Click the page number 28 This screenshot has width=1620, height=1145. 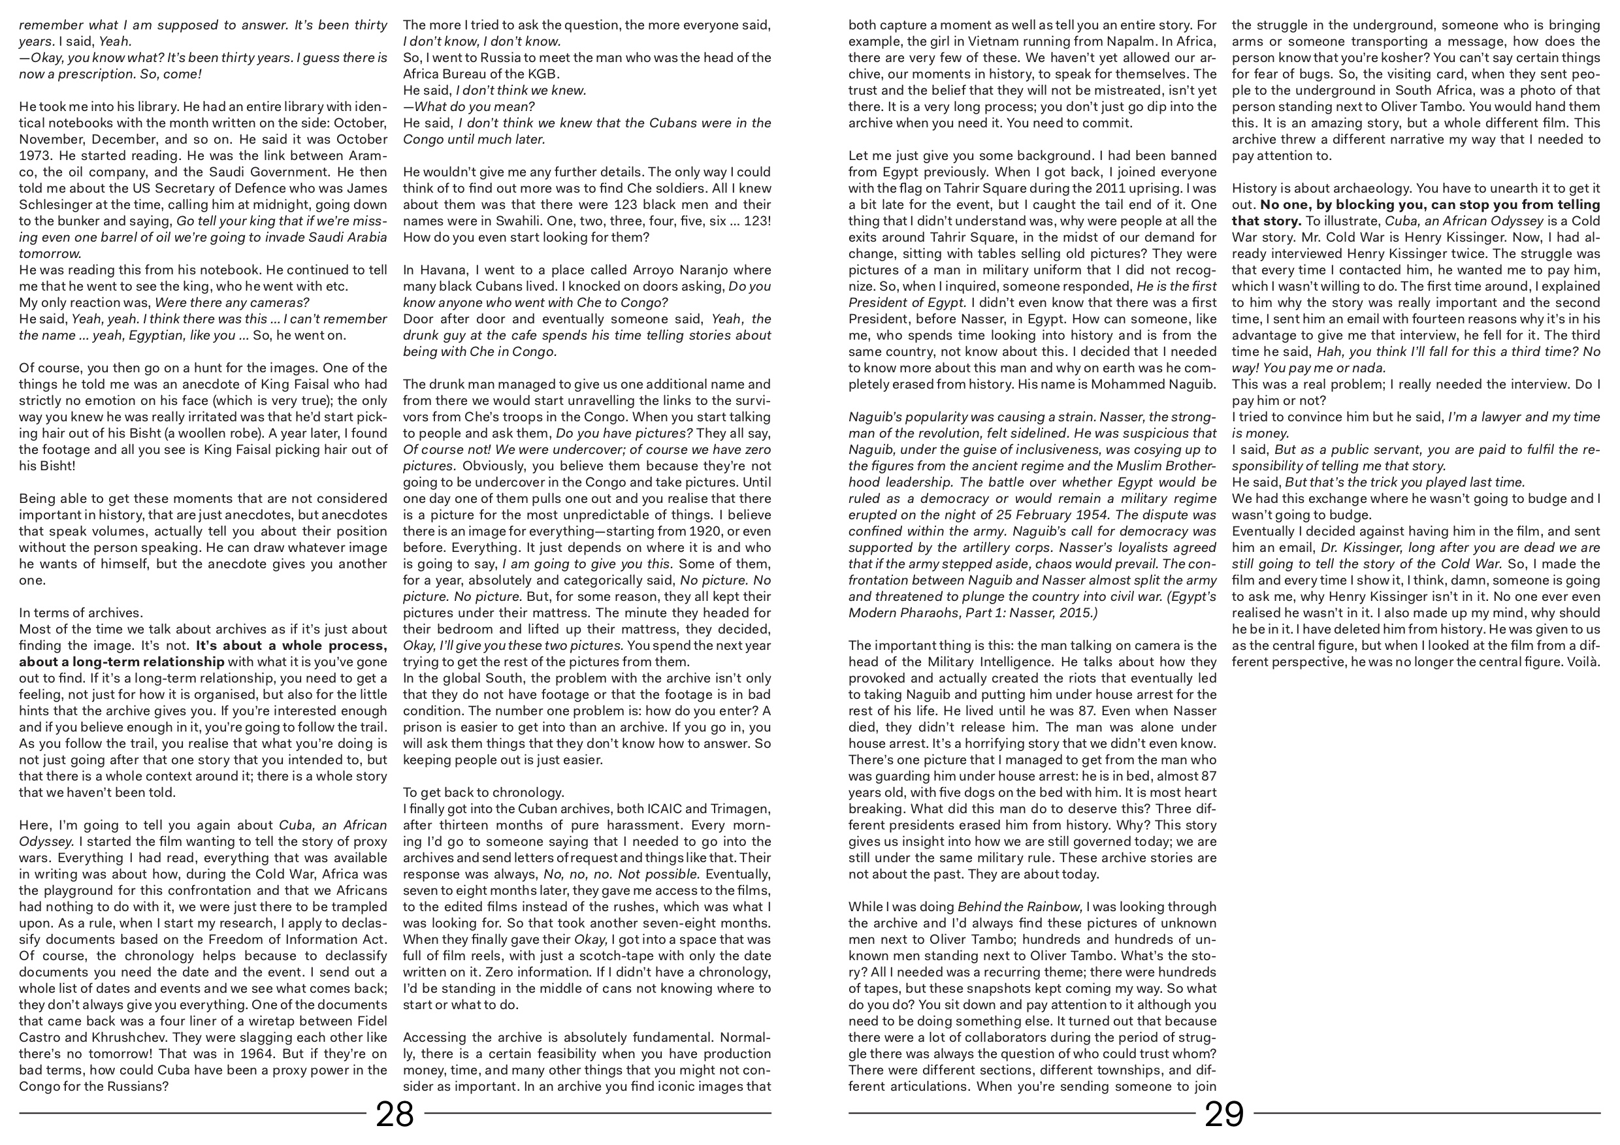(x=395, y=1115)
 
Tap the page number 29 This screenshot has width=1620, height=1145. (x=1223, y=1115)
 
